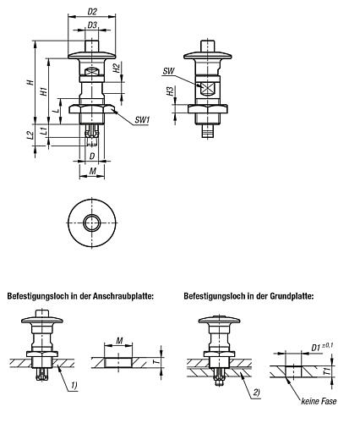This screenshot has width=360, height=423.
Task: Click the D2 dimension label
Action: pos(92,12)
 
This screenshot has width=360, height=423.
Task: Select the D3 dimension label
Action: pos(92,25)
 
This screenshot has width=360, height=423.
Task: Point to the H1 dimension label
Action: pos(45,91)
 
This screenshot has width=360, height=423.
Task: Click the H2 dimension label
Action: pos(117,69)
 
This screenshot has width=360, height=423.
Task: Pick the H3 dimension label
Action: pos(170,91)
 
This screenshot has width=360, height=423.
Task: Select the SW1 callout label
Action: pos(142,120)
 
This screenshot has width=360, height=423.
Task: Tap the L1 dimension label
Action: pos(44,130)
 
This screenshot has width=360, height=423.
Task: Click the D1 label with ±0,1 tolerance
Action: pos(322,347)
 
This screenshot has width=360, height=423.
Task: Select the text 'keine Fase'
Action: pos(319,401)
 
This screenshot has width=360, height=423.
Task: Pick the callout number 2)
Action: pos(256,393)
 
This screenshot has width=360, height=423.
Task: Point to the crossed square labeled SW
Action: pos(208,88)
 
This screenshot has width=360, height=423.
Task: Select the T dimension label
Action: pos(158,360)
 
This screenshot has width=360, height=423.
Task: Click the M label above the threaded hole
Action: pos(119,341)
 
